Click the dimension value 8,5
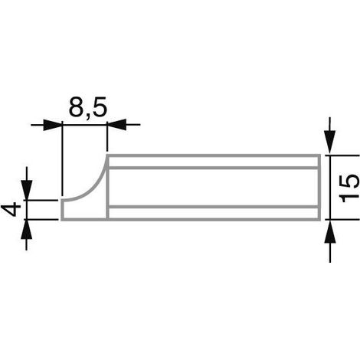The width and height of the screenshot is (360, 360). pyautogui.click(x=87, y=107)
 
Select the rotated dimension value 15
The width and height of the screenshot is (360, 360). pyautogui.click(x=350, y=188)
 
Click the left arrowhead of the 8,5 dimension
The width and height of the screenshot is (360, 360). pyautogui.click(x=53, y=125)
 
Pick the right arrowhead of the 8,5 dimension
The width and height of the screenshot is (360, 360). pyautogui.click(x=116, y=125)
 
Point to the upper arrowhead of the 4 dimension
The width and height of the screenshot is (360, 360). pyautogui.click(x=27, y=190)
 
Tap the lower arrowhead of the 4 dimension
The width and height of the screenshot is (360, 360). pyautogui.click(x=27, y=229)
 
